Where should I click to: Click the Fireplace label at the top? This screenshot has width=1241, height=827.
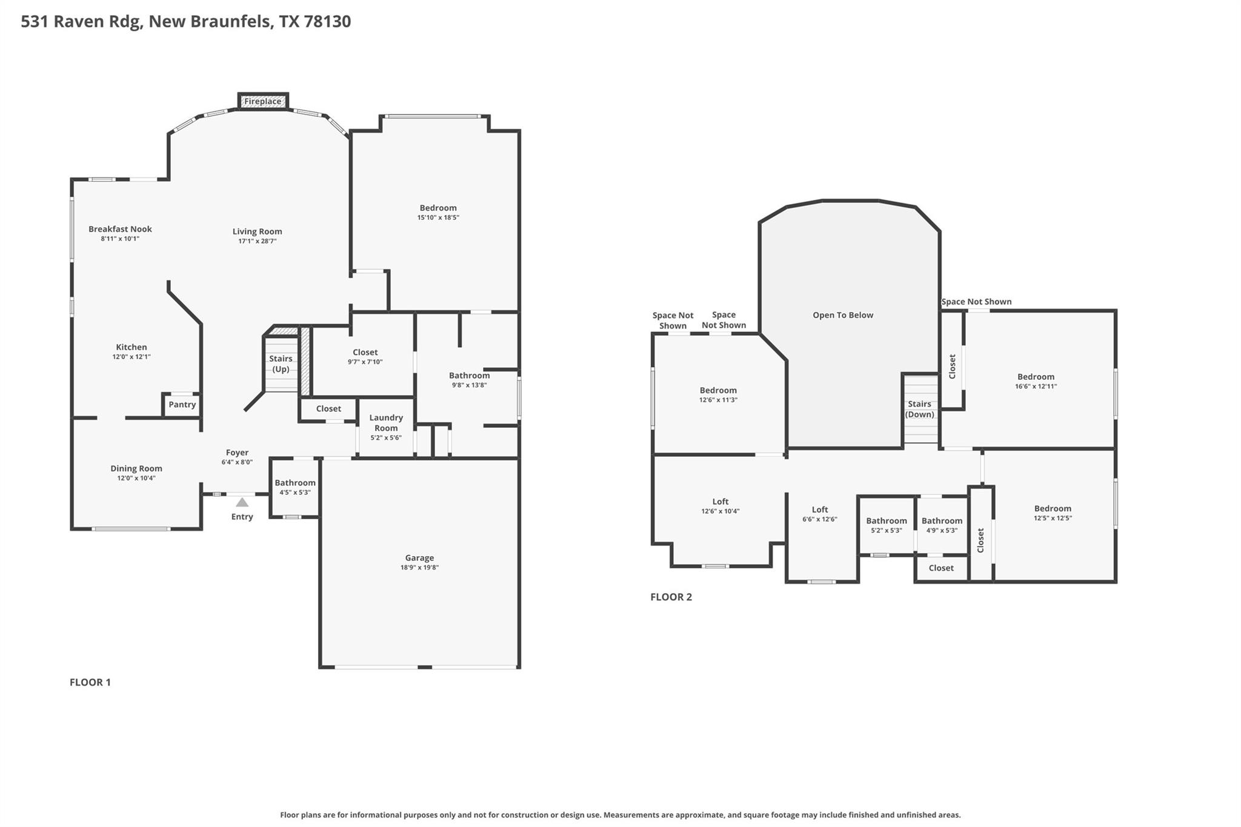[x=262, y=101]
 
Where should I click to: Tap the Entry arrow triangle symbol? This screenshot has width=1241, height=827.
[x=242, y=502]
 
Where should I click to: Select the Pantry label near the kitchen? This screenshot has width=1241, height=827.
[x=182, y=405]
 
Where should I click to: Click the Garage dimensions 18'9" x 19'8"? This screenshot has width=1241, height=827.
[x=419, y=568]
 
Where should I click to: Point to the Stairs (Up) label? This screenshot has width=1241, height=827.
[x=281, y=364]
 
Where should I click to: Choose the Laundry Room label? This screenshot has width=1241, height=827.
[x=386, y=423]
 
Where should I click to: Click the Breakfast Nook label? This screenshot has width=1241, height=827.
[x=120, y=229]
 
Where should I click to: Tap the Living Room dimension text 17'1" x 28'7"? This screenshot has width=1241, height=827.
[x=258, y=241]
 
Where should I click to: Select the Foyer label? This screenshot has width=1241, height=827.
[x=237, y=453]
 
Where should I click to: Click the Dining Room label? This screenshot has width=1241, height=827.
[x=136, y=468]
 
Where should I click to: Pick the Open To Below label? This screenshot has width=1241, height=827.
[x=843, y=315]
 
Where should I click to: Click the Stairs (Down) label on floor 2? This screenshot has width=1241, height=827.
[x=919, y=410]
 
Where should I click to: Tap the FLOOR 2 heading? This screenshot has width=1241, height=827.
[x=671, y=597]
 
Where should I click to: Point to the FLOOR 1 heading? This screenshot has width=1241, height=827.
[x=90, y=682]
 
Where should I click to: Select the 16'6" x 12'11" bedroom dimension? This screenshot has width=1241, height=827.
[x=1036, y=387]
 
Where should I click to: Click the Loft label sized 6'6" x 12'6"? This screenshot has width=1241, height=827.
[x=820, y=510]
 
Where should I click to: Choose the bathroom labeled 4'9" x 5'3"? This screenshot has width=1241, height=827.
[x=942, y=521]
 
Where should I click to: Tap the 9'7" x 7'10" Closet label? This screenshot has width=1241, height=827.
[x=365, y=353]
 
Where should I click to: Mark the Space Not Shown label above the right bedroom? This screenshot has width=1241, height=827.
[x=976, y=302]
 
